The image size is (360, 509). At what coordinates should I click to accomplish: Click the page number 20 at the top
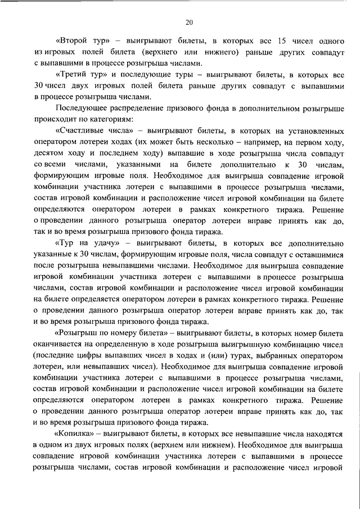pyautogui.click(x=188, y=22)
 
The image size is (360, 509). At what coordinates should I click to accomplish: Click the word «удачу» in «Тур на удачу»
pyautogui.click(x=109, y=243)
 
